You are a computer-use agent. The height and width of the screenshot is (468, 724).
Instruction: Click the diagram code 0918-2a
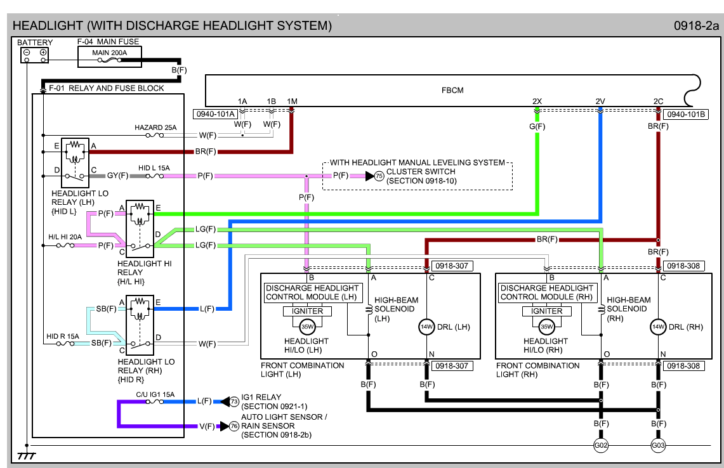tap(697, 26)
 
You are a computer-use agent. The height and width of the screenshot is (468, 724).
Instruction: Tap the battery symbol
tap(35, 55)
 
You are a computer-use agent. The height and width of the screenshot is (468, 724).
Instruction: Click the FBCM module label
tap(452, 90)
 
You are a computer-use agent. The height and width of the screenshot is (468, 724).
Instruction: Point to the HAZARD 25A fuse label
tap(155, 127)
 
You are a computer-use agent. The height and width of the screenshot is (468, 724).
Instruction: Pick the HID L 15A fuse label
tap(154, 168)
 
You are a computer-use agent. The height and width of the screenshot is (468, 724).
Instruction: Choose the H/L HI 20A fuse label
tap(65, 237)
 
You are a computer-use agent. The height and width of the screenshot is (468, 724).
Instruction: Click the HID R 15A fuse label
tap(63, 336)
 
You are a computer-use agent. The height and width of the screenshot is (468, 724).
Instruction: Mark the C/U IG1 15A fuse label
tap(155, 394)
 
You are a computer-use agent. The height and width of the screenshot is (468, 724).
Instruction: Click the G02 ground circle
tap(601, 446)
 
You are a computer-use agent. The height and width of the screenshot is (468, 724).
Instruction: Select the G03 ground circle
tap(658, 446)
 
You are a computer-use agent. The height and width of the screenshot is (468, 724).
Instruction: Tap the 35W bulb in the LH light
tap(307, 327)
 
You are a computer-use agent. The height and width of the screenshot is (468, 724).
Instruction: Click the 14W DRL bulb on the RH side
tap(658, 327)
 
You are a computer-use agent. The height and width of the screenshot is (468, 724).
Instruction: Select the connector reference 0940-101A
tap(214, 114)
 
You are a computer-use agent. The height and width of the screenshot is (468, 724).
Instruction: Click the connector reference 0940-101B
tap(683, 114)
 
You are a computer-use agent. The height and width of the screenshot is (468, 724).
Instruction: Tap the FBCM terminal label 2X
tap(537, 101)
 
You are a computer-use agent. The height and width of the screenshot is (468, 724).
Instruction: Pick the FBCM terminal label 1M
tap(292, 101)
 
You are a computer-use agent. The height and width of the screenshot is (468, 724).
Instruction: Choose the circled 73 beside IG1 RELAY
tap(234, 401)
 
